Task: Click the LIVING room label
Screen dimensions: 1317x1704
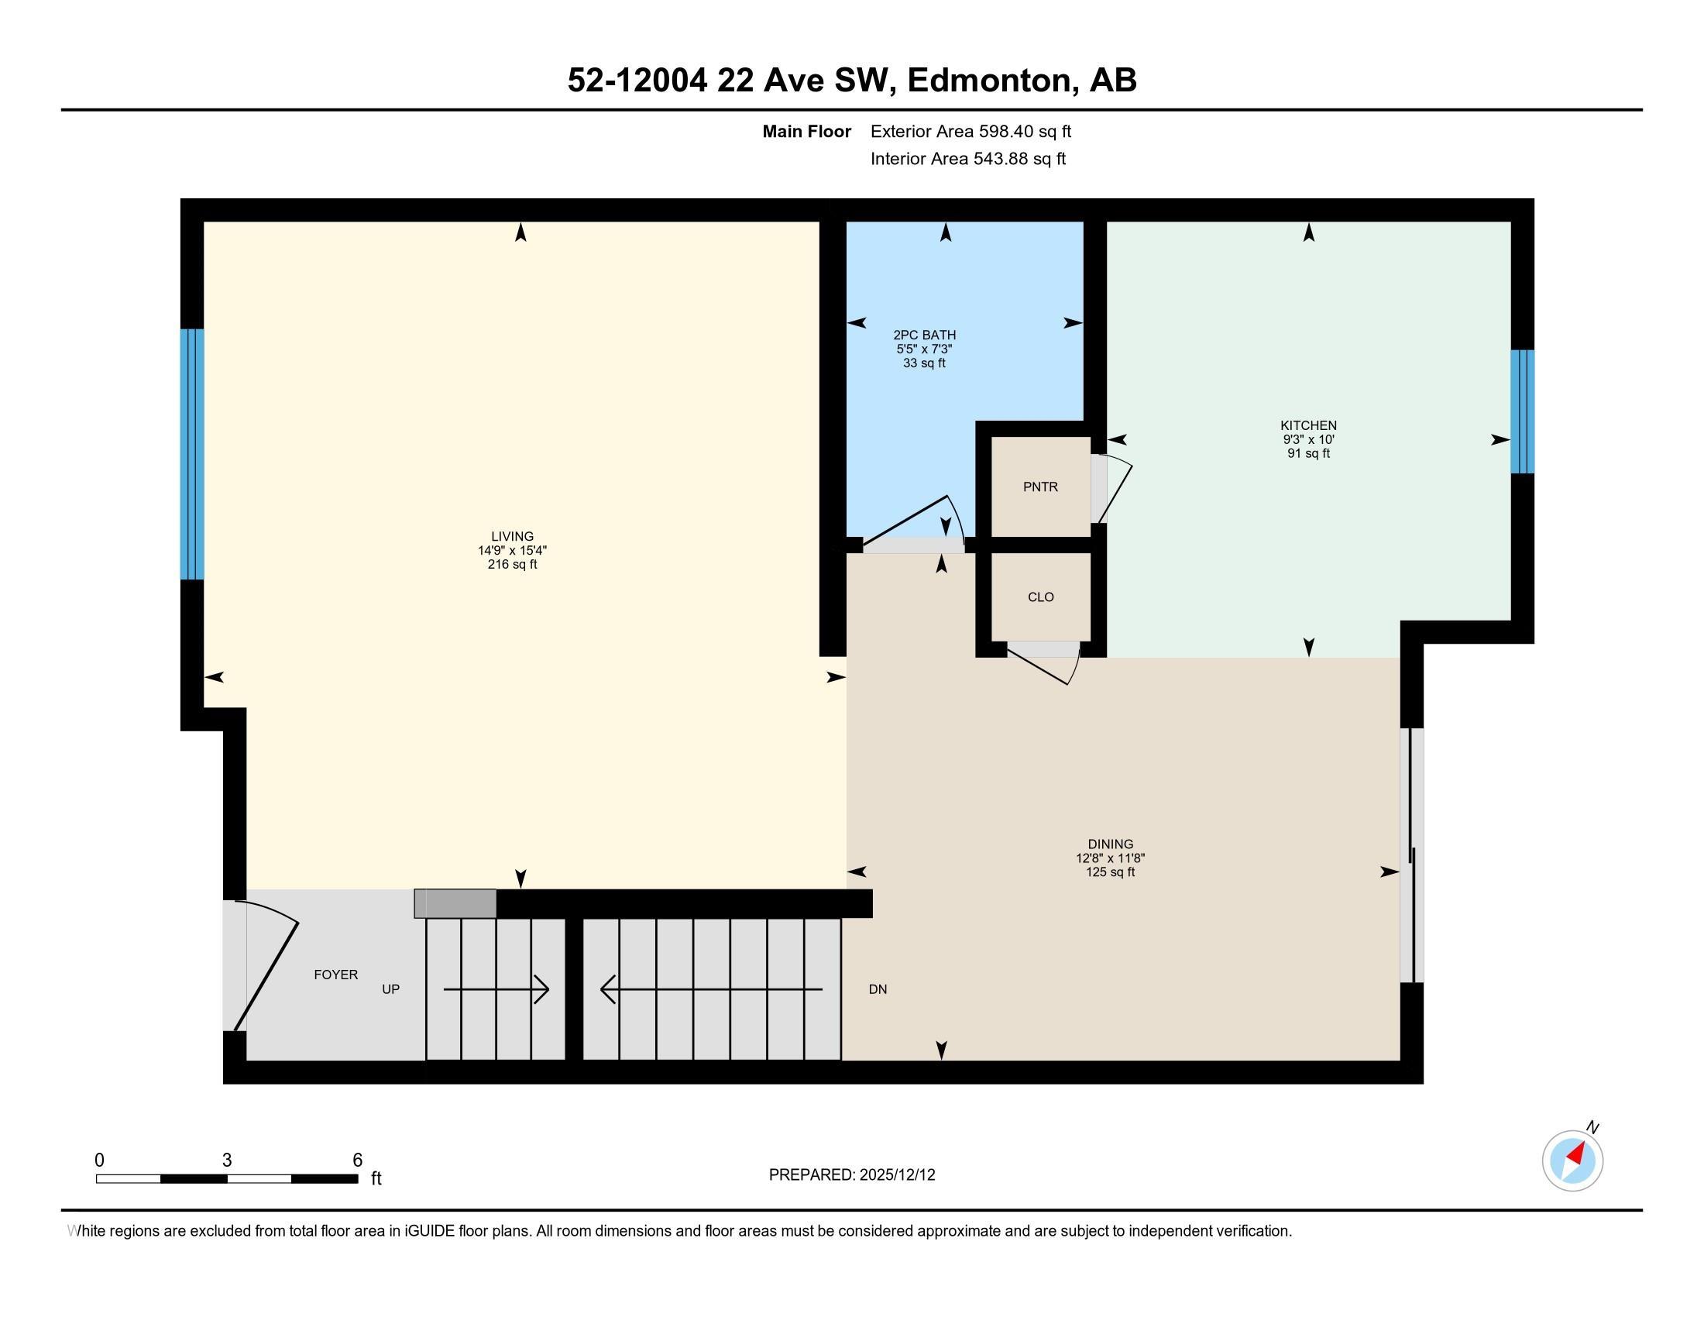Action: click(512, 536)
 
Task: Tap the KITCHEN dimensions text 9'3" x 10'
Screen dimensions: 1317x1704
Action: click(1308, 439)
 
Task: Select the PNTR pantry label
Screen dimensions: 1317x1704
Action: click(1040, 487)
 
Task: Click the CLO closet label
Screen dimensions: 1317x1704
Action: click(1040, 597)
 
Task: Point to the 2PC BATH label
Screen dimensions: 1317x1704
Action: click(925, 335)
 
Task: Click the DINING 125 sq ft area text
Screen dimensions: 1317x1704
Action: click(1109, 872)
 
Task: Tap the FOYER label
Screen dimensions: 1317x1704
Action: click(335, 975)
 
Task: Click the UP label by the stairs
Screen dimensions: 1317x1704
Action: click(390, 989)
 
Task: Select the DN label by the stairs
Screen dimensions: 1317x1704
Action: click(878, 989)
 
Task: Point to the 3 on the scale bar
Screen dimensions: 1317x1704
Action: click(227, 1161)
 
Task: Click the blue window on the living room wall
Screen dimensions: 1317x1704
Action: click(192, 454)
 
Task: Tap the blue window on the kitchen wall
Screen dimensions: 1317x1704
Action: click(1522, 411)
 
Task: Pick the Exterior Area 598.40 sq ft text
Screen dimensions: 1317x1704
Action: click(971, 132)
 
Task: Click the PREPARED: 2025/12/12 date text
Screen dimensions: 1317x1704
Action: click(851, 1174)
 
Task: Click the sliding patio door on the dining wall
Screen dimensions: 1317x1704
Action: click(1411, 855)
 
